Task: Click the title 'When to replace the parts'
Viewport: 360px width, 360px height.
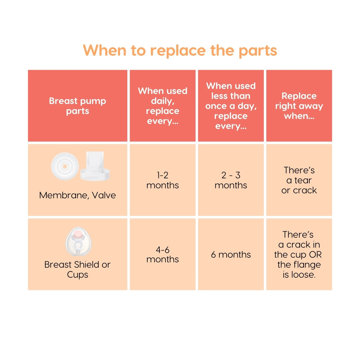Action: click(x=180, y=50)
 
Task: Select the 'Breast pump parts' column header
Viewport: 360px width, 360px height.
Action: click(x=77, y=106)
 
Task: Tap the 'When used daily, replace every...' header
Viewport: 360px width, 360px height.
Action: click(x=163, y=106)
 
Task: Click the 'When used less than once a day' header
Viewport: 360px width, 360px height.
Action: click(x=231, y=106)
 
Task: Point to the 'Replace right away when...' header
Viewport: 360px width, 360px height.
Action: click(x=299, y=106)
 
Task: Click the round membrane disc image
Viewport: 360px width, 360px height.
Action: click(x=65, y=166)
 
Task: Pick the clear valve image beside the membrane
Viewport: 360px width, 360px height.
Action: click(x=93, y=166)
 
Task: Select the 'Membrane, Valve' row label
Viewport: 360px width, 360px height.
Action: click(x=77, y=195)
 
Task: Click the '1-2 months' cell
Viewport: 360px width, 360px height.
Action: click(x=163, y=180)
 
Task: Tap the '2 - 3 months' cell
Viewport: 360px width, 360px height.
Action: click(x=231, y=180)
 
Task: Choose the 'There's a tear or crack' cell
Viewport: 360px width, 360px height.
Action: click(x=299, y=180)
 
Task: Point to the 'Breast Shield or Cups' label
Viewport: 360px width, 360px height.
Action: click(x=77, y=269)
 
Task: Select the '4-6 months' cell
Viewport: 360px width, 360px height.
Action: click(x=163, y=254)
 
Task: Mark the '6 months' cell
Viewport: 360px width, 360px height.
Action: click(x=231, y=255)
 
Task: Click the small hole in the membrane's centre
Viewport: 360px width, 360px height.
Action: click(x=65, y=166)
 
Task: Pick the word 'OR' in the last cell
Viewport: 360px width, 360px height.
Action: click(x=315, y=255)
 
